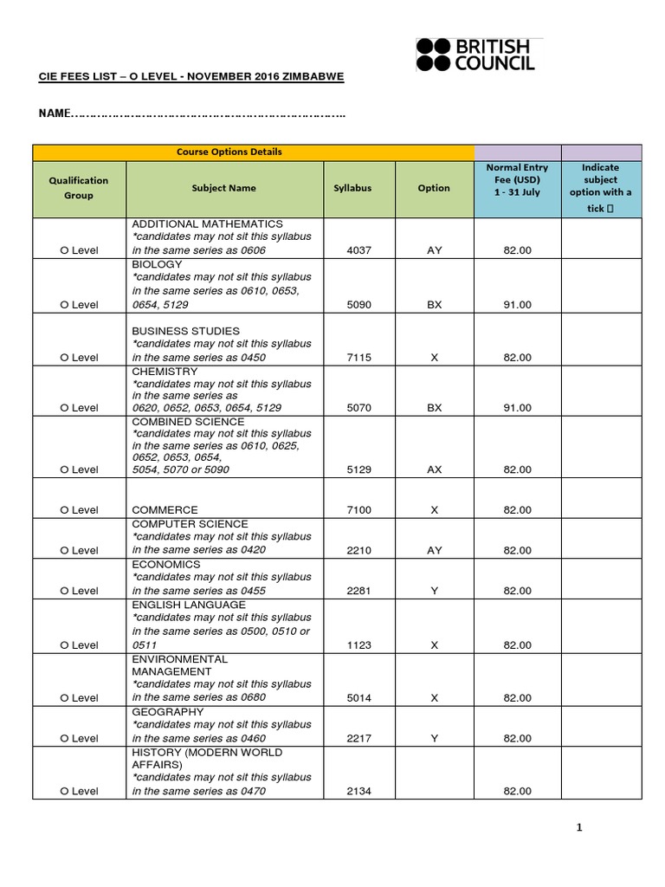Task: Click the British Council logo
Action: pos(475,54)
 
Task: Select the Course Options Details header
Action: pos(229,152)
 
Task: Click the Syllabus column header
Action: pos(352,188)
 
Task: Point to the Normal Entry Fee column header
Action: pos(517,179)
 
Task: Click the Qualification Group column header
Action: pos(79,188)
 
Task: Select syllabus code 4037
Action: pos(352,250)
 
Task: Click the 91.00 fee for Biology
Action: pos(517,305)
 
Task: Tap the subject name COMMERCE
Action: pos(165,510)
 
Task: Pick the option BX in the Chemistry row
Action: pos(434,408)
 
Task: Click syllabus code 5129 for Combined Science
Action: pos(352,469)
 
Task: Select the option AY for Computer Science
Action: pos(434,550)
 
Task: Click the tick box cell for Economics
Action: pos(600,579)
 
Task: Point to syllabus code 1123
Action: pos(352,645)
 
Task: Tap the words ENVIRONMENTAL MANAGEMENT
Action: pos(179,665)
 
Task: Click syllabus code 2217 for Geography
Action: pos(352,738)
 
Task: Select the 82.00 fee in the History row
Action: pos(517,791)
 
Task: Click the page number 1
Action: pos(580,828)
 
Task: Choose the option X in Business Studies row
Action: pos(434,357)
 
